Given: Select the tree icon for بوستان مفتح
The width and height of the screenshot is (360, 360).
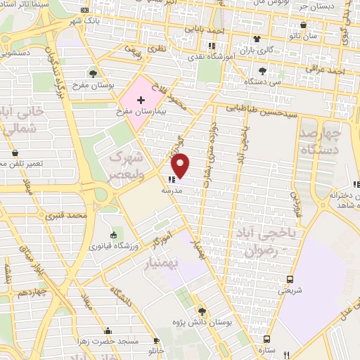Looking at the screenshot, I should pos(94,73).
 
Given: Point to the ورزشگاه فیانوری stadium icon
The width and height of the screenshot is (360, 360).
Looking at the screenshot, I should pos(114,233).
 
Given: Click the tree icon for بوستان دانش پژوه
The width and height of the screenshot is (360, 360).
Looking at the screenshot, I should pos(201,310).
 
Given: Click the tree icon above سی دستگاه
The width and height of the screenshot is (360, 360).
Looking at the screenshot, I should pos(262,71).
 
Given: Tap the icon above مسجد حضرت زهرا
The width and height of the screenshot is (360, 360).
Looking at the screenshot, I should pos(107,331).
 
